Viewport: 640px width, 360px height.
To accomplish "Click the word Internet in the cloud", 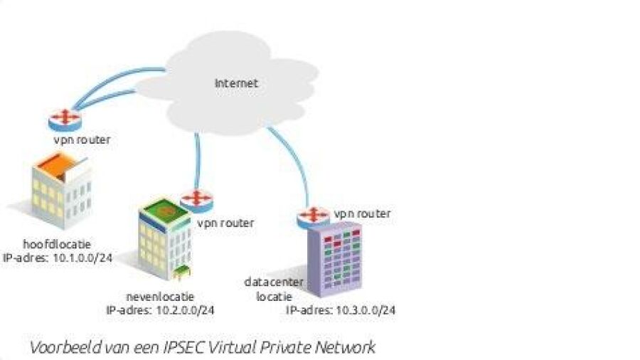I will coord(236,83).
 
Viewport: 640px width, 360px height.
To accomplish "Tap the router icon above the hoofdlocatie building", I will coord(65,119).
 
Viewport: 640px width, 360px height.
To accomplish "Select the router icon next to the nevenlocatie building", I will coord(196,201).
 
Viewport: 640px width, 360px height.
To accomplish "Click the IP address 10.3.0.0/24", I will coord(364,310).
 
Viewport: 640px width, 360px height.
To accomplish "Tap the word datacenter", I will coord(274,282).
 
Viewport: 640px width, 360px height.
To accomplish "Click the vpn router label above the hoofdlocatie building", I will coord(82,140).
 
